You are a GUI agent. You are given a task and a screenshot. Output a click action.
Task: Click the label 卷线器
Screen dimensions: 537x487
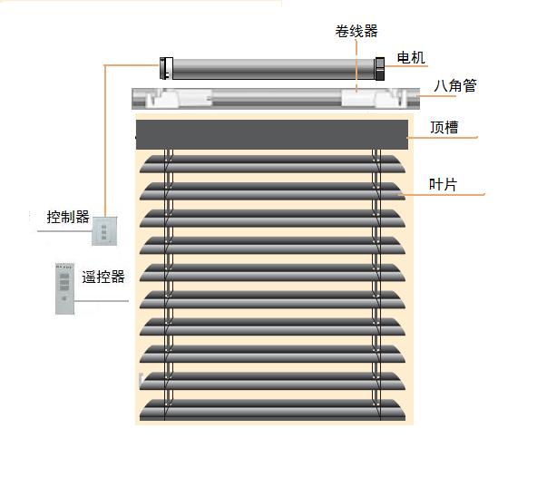(x=356, y=31)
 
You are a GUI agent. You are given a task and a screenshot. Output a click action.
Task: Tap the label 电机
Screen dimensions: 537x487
(x=411, y=57)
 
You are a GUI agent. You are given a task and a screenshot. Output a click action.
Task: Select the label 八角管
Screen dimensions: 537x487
(x=455, y=85)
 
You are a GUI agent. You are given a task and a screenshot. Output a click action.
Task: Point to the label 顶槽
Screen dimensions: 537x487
(x=444, y=127)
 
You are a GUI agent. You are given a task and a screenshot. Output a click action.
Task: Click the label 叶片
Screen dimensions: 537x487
(x=443, y=185)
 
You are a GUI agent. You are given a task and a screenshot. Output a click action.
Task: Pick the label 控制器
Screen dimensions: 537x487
(x=68, y=217)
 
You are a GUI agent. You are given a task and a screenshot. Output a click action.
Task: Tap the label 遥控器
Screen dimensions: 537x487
(x=103, y=277)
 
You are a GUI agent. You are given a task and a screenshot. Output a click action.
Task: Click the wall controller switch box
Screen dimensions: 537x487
(x=104, y=231)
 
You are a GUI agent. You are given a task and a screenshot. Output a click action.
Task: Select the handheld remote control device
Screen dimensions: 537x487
(x=64, y=288)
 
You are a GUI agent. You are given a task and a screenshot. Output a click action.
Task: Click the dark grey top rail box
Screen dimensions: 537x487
(x=272, y=134)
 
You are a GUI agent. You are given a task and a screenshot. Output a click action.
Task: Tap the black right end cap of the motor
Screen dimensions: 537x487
(x=380, y=69)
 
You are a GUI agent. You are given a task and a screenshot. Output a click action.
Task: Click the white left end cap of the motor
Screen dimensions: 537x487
(x=166, y=69)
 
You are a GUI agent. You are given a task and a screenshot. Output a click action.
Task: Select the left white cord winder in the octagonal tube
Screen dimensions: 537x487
(x=179, y=99)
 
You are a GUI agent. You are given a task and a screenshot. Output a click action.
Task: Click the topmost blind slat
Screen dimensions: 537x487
(x=272, y=164)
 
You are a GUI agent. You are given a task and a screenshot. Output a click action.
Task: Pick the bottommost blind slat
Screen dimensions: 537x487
(x=272, y=410)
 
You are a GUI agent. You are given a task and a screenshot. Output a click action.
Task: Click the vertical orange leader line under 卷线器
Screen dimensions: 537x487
(x=356, y=66)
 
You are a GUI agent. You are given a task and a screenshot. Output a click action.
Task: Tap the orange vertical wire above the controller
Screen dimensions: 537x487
(x=105, y=141)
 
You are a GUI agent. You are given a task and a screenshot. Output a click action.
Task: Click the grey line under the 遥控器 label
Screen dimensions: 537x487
(x=102, y=301)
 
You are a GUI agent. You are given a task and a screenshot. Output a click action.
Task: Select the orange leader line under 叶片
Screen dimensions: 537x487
(x=442, y=194)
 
